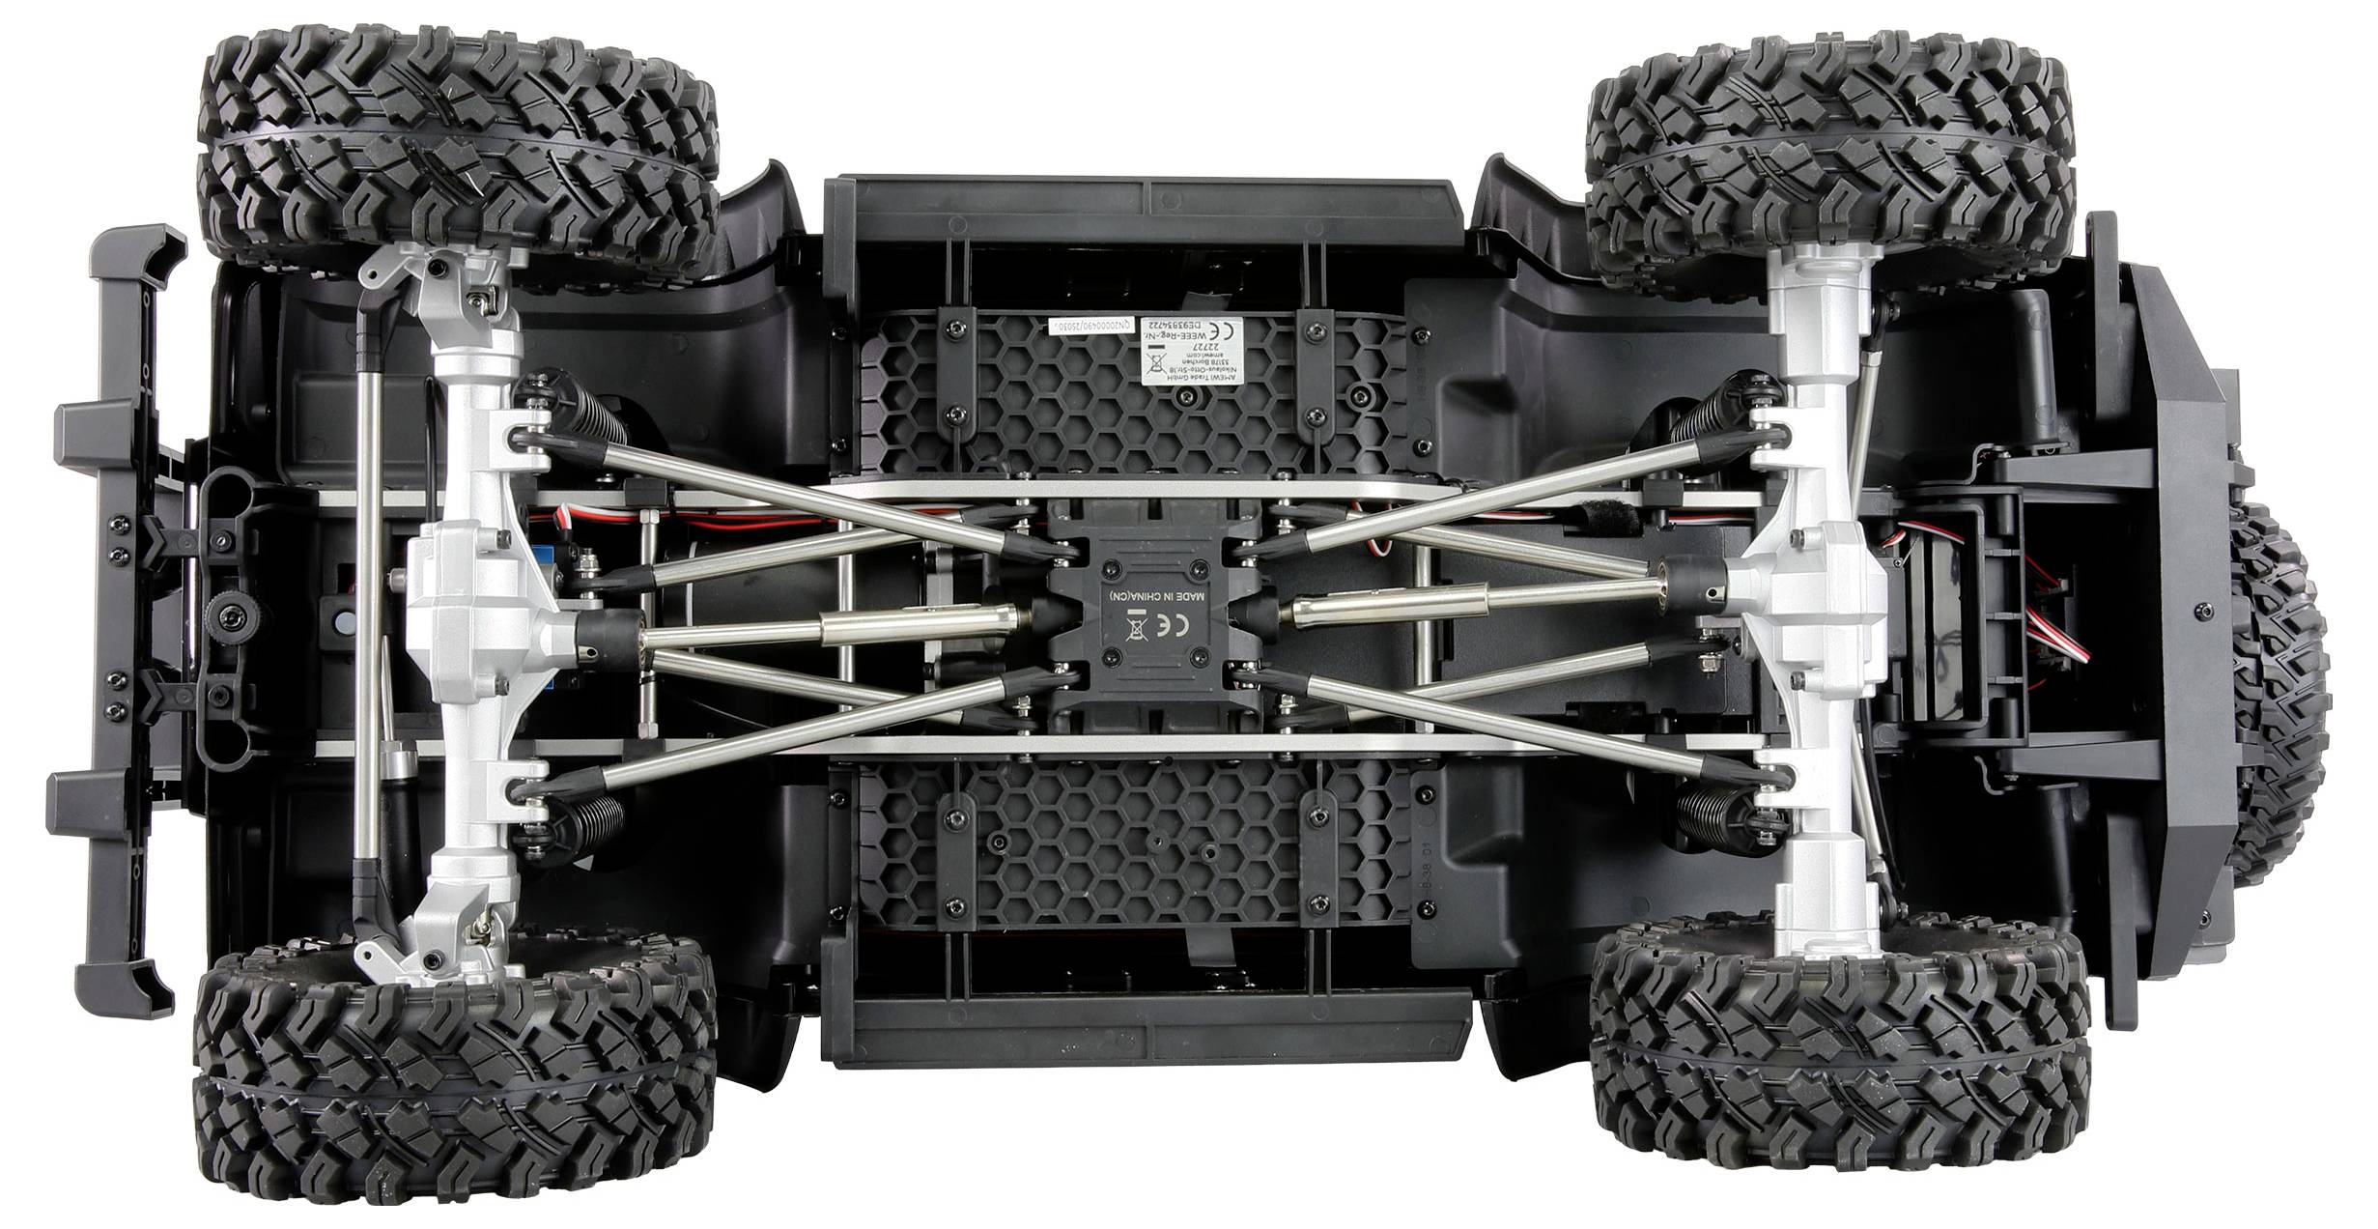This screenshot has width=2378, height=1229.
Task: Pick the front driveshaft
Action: click(x=831, y=630)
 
